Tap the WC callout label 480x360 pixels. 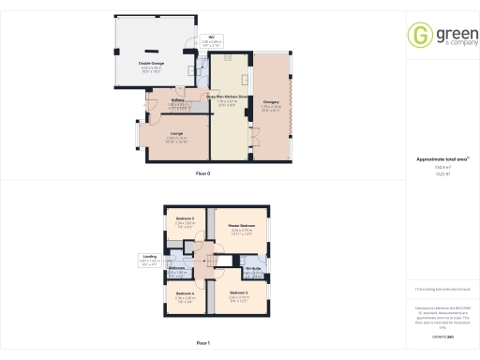point(211,38)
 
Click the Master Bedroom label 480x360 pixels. point(241,226)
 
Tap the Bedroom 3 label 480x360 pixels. point(184,218)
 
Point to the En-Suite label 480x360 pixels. point(252,269)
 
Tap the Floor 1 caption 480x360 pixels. point(202,344)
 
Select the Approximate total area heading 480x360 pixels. point(434,160)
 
